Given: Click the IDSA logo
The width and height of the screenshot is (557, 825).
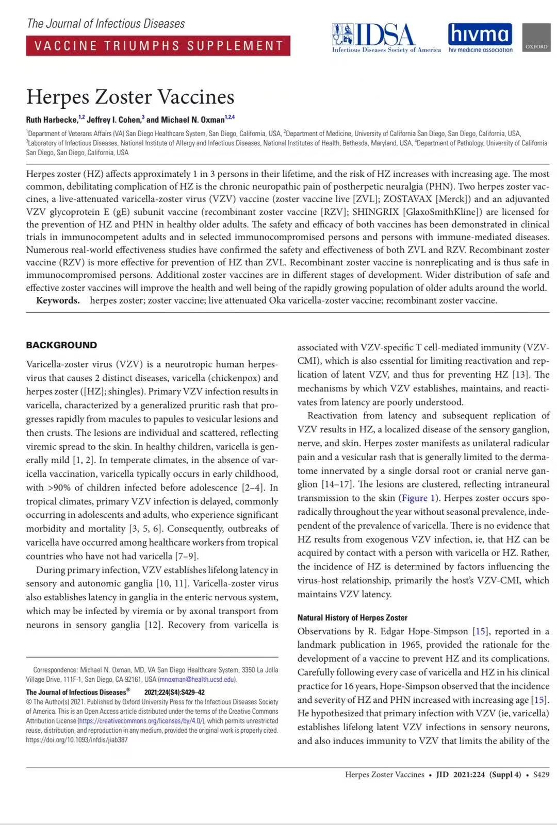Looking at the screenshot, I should tap(386, 38).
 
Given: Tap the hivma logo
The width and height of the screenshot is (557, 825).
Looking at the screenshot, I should tap(480, 37).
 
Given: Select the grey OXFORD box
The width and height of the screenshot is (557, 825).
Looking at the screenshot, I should tap(536, 38).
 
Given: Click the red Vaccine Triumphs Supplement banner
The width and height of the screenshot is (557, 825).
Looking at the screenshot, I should tap(158, 45).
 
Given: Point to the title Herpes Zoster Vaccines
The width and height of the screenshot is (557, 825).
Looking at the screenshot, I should tap(130, 97).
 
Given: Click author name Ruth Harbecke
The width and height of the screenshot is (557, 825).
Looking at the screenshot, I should tap(52, 120).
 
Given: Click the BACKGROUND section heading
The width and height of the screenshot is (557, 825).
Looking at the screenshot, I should tap(61, 345).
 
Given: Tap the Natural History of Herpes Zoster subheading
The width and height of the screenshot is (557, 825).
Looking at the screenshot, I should tap(352, 617).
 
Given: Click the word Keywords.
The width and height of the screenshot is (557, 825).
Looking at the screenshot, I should tap(58, 300).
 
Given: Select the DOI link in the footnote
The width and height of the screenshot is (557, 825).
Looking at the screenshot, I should tap(77, 739).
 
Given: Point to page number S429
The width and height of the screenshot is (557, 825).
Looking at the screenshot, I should tap(541, 775).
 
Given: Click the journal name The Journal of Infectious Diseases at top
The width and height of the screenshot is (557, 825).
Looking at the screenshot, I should tap(106, 24).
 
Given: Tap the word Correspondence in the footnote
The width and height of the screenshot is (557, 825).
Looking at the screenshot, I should tap(55, 670).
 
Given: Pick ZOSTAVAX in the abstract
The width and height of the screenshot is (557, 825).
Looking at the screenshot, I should tap(407, 199).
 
